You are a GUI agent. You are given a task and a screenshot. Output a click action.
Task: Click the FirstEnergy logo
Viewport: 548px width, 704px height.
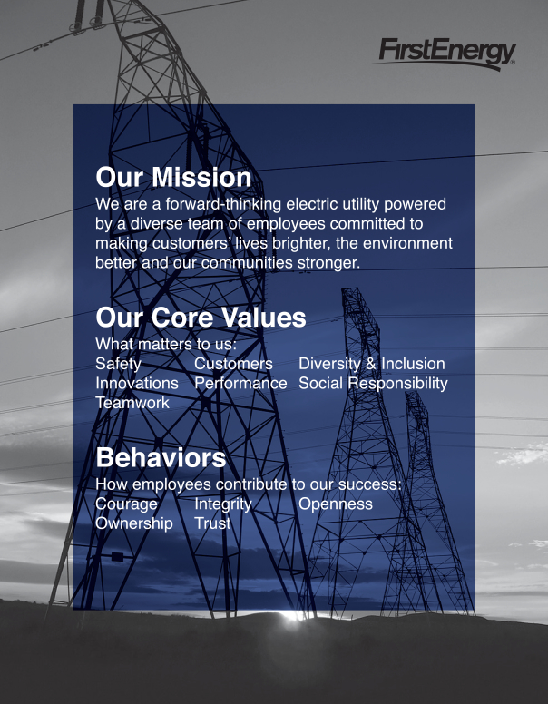point(446,54)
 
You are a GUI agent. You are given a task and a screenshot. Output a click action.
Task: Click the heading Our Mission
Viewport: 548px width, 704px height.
point(173,177)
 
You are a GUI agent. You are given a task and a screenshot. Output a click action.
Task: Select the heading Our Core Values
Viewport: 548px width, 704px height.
point(201,318)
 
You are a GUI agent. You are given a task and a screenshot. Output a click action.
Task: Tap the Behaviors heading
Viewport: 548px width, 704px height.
point(161,457)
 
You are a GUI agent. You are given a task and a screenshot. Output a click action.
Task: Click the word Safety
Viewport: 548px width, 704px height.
point(118,364)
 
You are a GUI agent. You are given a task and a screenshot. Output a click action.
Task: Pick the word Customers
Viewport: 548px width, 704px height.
point(233,364)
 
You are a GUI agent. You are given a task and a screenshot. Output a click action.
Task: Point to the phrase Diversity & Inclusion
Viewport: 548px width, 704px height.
point(372,364)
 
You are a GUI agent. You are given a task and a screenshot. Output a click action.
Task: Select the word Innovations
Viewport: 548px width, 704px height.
point(137,384)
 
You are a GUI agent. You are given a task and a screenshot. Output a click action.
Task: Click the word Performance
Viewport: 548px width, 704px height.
point(240,384)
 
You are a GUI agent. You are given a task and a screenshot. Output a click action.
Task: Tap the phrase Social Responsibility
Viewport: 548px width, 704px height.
point(373,384)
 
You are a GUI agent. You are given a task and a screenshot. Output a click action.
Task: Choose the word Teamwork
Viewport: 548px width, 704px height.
point(132,403)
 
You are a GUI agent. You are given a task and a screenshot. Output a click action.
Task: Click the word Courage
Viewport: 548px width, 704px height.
point(126,504)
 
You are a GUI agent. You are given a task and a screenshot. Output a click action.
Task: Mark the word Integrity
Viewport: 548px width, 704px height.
point(223,504)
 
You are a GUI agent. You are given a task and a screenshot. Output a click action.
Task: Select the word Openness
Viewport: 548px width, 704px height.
point(336,504)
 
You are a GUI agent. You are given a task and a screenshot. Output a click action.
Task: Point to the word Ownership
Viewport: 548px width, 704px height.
point(134,523)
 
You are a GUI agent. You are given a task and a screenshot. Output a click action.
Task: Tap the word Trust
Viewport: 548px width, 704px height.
point(212,523)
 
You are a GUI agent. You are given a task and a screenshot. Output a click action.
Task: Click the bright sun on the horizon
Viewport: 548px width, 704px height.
point(291,615)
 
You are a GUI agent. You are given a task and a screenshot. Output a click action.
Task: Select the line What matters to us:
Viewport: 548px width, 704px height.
point(166,345)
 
